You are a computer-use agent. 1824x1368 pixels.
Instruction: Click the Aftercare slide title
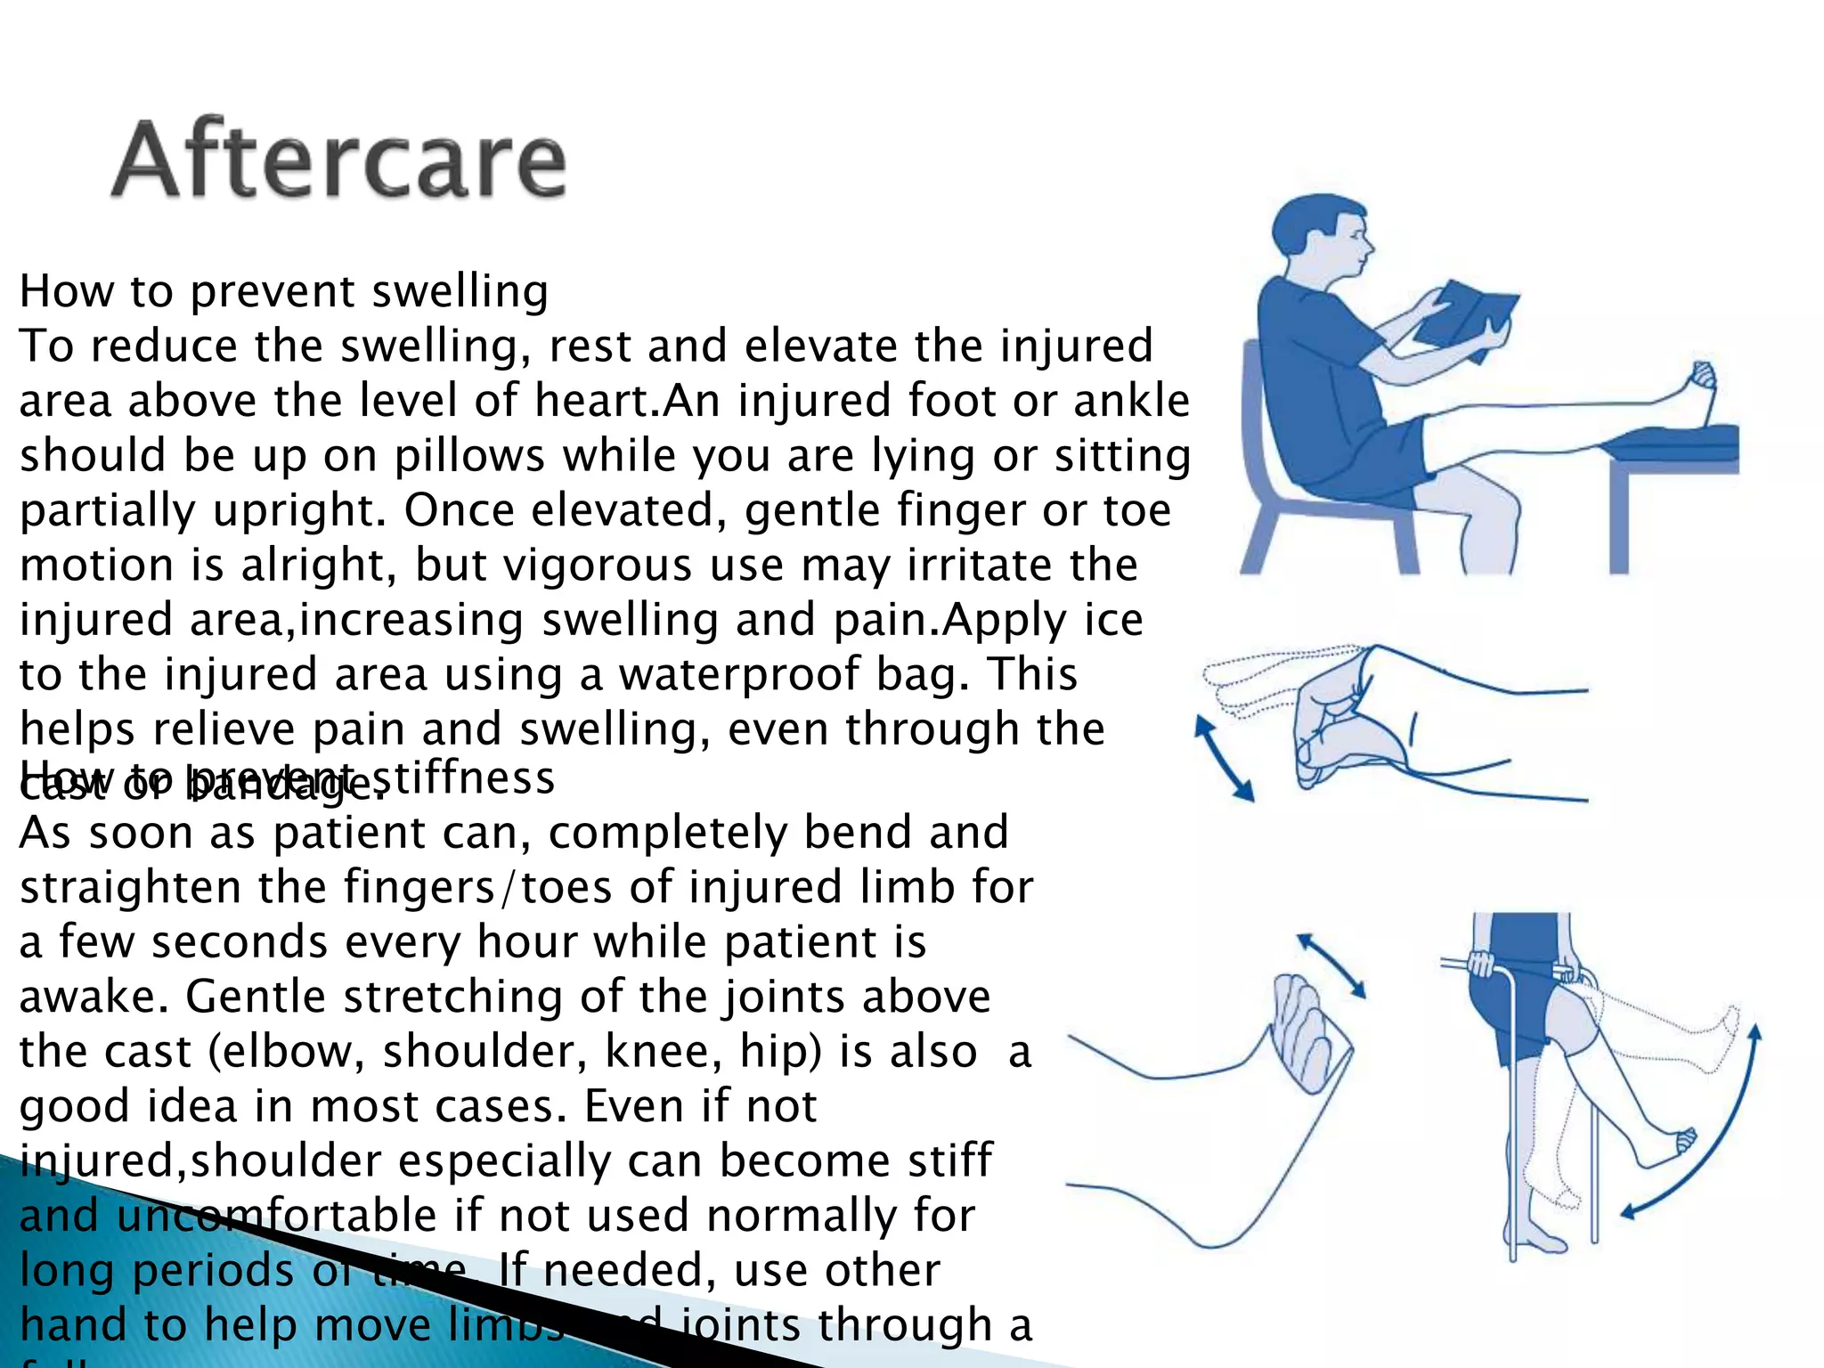click(x=338, y=160)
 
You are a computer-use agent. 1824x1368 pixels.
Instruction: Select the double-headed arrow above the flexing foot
click(x=1331, y=965)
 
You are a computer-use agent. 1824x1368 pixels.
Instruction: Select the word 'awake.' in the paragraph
click(x=93, y=997)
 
